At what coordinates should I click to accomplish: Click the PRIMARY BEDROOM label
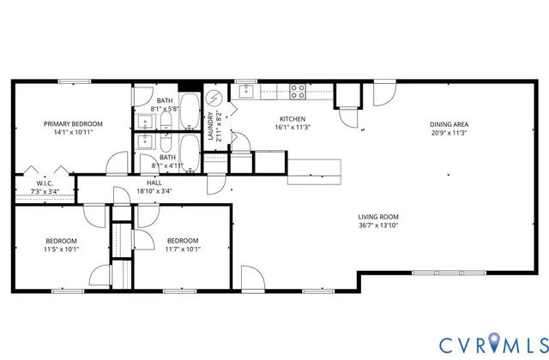click(73, 123)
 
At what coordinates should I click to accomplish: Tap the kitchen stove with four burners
click(299, 89)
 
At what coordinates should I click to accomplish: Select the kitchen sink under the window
click(247, 90)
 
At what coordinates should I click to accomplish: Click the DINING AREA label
click(449, 123)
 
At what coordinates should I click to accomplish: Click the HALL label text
click(154, 182)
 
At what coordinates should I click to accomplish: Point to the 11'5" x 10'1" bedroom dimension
click(61, 249)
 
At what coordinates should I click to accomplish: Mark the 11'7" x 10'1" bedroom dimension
click(183, 249)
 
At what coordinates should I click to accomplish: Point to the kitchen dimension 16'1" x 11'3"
click(293, 128)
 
